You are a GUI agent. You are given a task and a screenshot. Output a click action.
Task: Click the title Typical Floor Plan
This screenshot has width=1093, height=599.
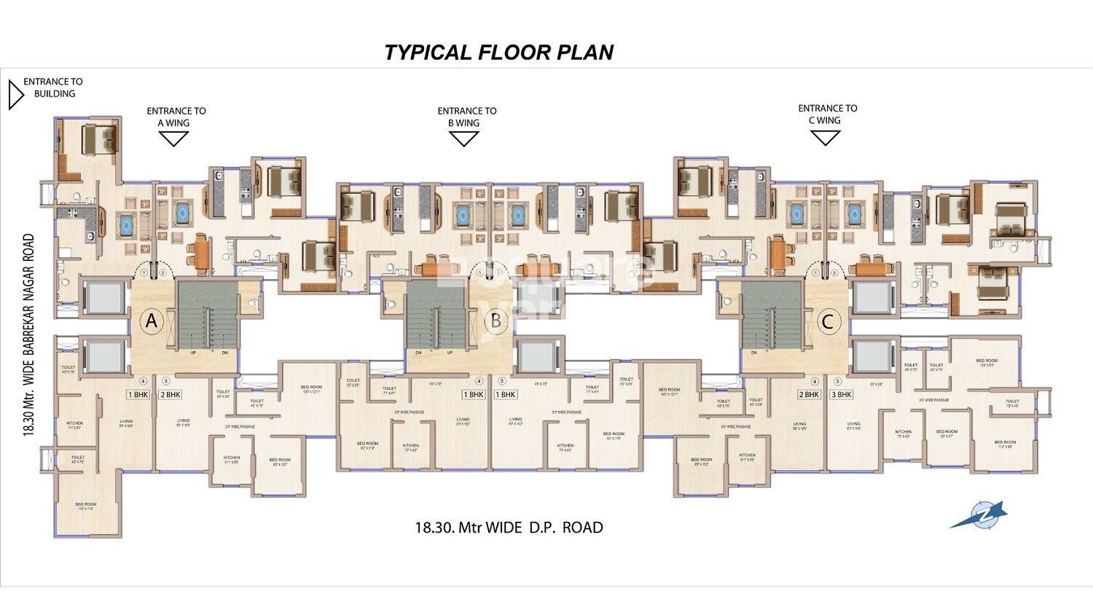[x=498, y=52]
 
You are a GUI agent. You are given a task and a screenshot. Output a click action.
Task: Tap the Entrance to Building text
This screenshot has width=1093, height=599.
[x=53, y=87]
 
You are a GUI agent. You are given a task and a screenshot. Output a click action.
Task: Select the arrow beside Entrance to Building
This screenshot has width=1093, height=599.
[x=15, y=95]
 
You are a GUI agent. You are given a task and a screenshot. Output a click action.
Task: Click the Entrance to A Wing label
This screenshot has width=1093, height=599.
[x=176, y=117]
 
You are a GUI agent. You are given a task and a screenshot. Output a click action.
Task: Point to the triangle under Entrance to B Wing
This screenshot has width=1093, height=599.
[x=463, y=138]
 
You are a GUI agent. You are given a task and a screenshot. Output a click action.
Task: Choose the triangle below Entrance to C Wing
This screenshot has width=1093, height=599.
[x=826, y=138]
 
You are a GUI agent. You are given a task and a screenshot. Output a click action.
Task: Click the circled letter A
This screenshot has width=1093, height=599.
[x=152, y=321]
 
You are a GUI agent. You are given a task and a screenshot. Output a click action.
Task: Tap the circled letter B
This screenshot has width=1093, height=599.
[x=496, y=321]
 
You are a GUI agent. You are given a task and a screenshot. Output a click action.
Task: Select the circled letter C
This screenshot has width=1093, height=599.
[x=827, y=321]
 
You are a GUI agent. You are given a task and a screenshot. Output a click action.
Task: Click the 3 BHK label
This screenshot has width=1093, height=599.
[x=841, y=395]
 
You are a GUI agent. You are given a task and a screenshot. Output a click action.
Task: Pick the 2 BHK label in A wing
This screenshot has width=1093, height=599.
[x=170, y=395]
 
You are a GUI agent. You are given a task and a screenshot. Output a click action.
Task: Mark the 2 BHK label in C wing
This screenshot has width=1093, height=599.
[x=809, y=395]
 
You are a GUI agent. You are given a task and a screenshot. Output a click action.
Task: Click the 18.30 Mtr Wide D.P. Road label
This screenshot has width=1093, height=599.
[x=509, y=528]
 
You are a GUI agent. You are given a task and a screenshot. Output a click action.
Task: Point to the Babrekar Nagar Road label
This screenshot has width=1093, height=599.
[x=29, y=334]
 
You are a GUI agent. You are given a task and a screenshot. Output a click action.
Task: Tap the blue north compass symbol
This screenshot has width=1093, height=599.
[x=978, y=514]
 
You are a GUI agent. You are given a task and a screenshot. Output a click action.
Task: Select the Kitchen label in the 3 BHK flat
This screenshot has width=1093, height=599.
[x=903, y=433]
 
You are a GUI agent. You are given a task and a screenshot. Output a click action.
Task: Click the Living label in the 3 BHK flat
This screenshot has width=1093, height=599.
[x=853, y=424]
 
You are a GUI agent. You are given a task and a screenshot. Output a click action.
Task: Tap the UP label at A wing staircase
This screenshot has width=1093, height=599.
[x=193, y=353]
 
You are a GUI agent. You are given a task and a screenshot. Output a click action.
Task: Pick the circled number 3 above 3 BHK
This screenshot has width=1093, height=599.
[x=837, y=381]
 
